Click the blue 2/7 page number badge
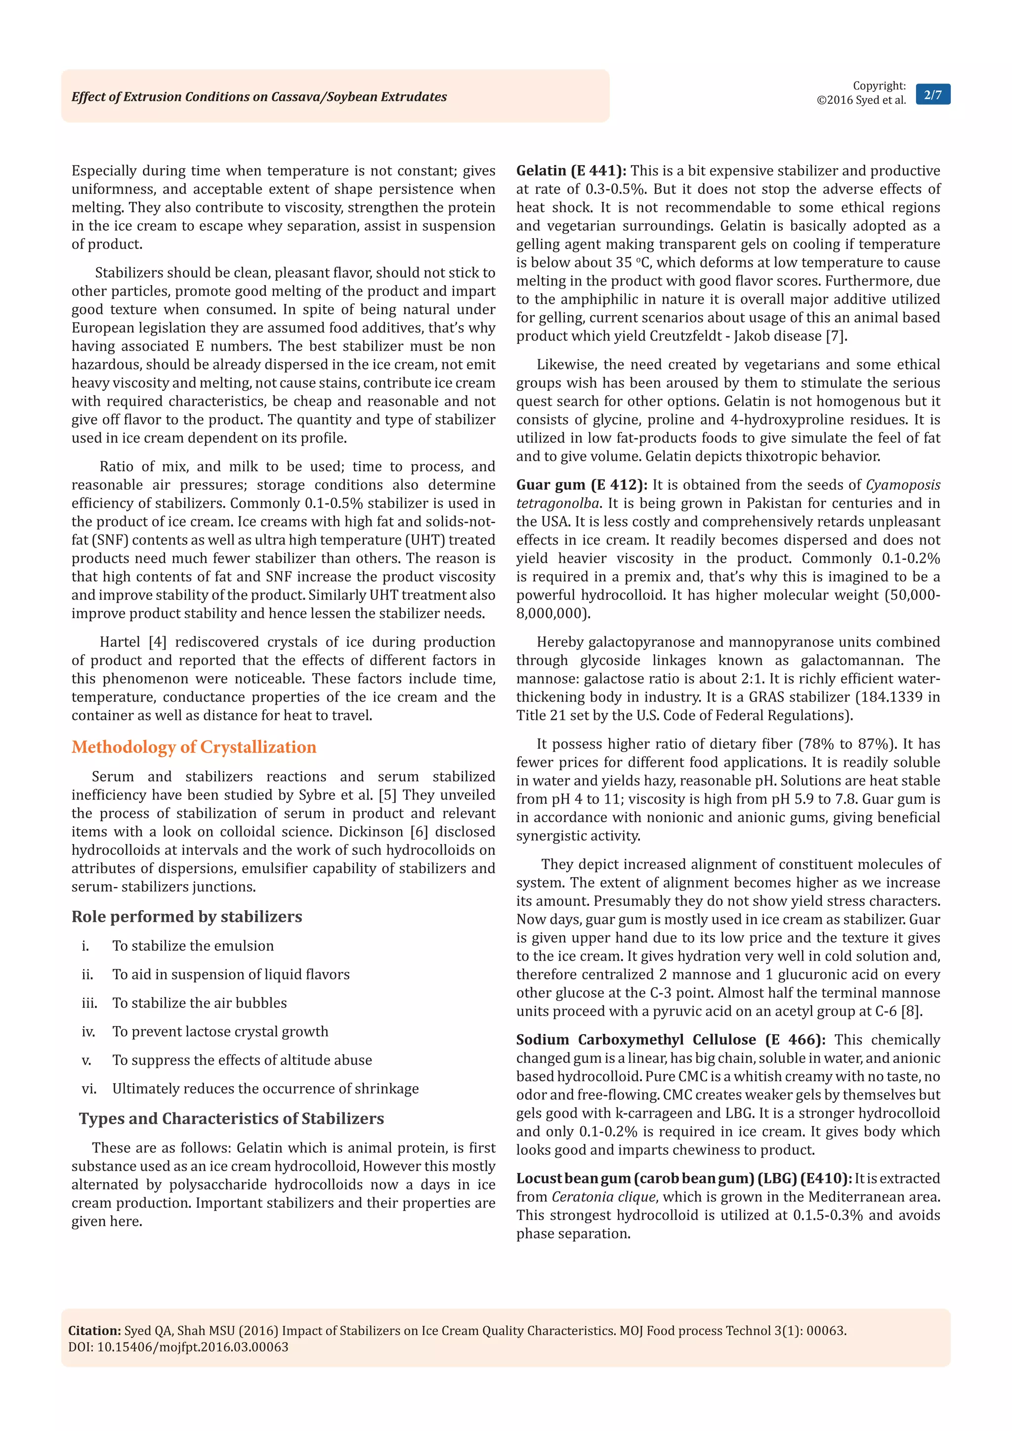[932, 95]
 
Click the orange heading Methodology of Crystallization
[194, 747]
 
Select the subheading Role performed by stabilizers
[186, 916]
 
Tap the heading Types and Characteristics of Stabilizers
[231, 1118]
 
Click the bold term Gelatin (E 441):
[571, 171]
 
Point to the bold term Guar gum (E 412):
[581, 485]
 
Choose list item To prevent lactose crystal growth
[220, 1031]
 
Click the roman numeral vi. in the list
[89, 1089]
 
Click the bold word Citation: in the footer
[94, 1331]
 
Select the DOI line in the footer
[178, 1347]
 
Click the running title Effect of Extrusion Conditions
[258, 97]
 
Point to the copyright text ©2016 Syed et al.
[861, 100]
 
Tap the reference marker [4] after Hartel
[157, 642]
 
